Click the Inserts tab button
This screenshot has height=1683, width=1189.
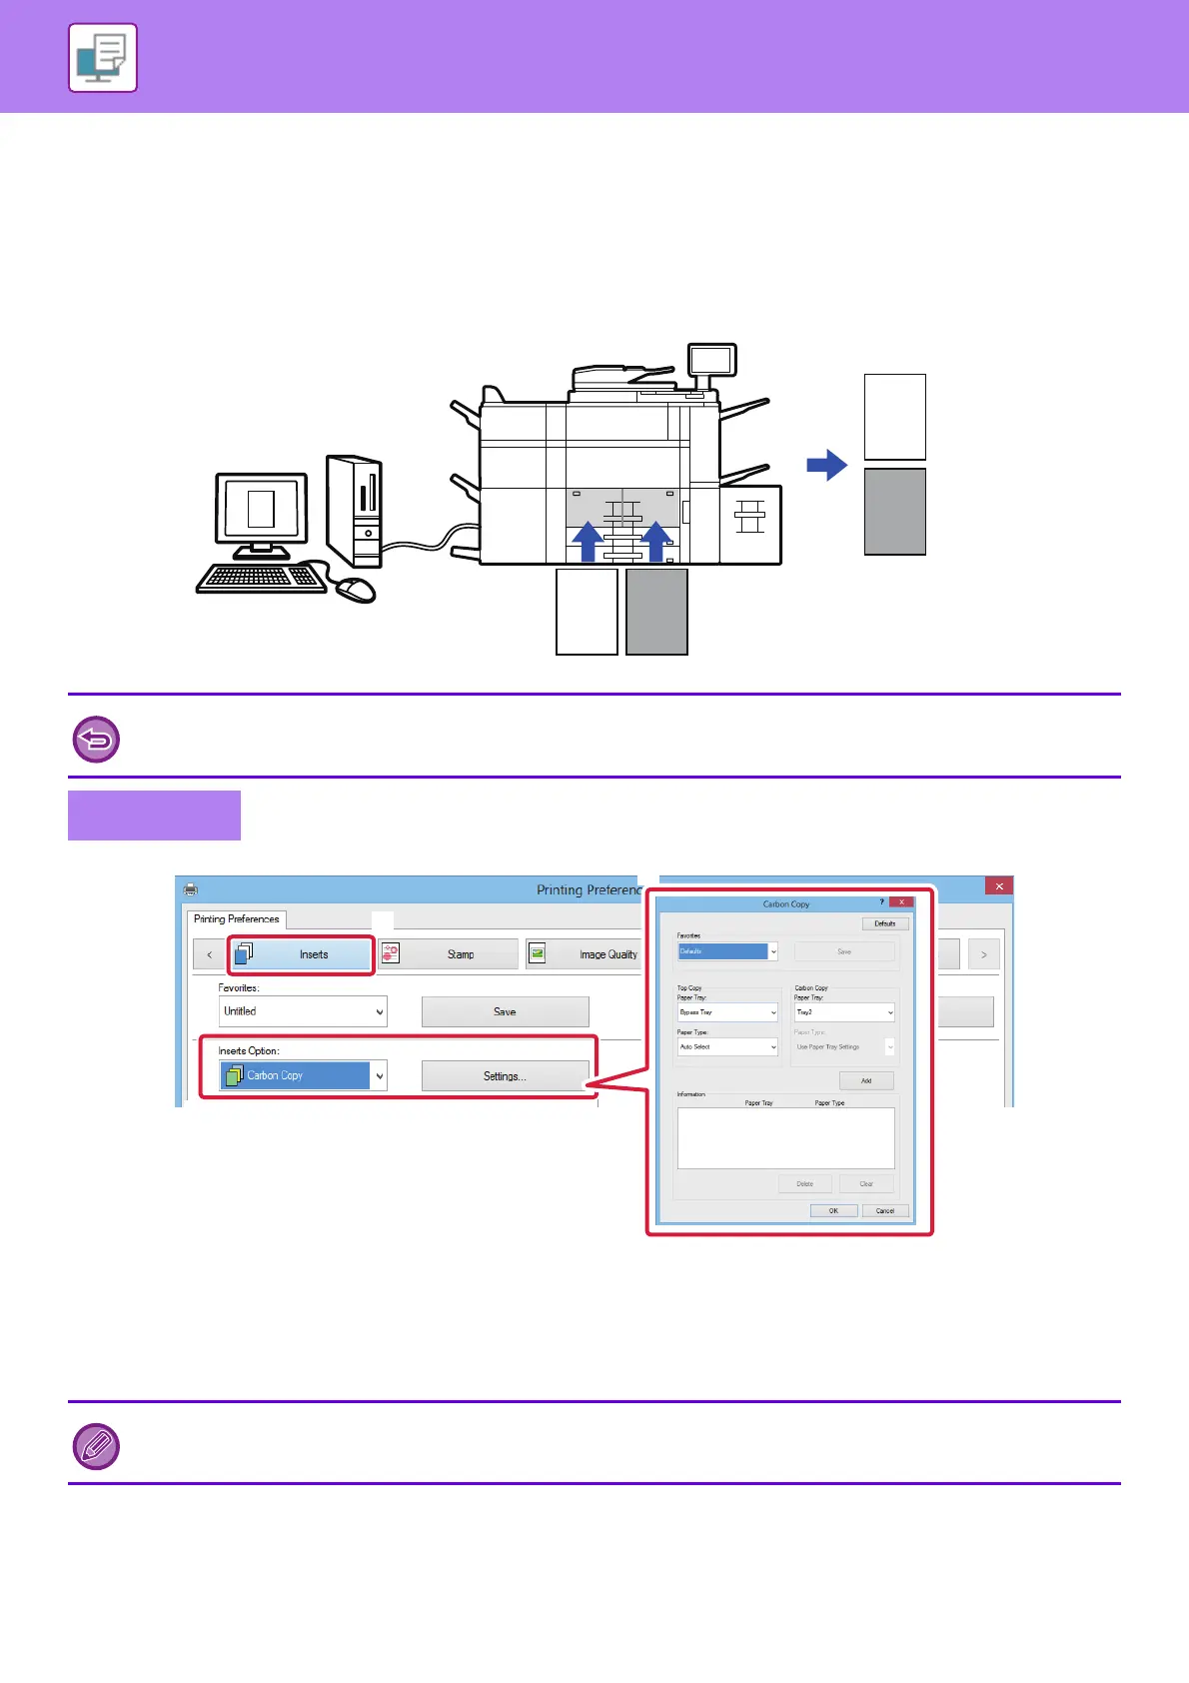[x=301, y=954]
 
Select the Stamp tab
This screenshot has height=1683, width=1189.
[x=449, y=954]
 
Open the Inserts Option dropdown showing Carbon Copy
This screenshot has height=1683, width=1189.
[x=303, y=1075]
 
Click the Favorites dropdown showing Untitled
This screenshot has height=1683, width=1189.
[x=303, y=1011]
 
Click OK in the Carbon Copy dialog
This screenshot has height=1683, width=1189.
[x=833, y=1210]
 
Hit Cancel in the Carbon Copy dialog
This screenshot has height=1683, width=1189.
[x=885, y=1210]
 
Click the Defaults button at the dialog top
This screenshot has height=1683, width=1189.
[x=885, y=923]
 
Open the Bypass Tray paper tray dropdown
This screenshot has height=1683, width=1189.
[x=727, y=1012]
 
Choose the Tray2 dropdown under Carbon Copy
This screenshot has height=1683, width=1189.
[x=844, y=1012]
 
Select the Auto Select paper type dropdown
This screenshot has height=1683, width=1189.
[x=727, y=1046]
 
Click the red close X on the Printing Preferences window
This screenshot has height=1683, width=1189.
[x=999, y=886]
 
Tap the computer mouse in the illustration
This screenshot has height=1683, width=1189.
[x=356, y=590]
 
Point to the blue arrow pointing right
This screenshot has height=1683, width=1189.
[x=826, y=465]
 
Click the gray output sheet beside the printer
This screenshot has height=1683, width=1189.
[x=894, y=511]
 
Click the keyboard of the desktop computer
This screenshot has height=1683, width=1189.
[x=261, y=578]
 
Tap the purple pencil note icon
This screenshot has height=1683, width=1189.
[x=97, y=1445]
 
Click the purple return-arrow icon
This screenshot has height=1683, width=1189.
[x=97, y=740]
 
